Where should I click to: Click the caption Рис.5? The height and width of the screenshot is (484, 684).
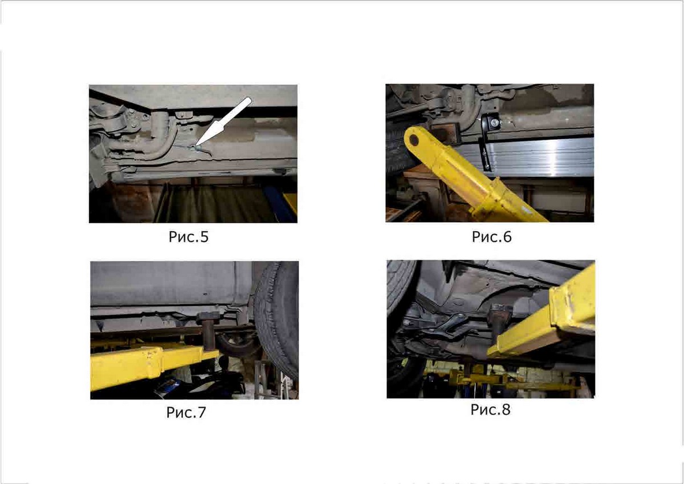(x=189, y=237)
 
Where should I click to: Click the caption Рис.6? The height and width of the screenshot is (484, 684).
(x=491, y=237)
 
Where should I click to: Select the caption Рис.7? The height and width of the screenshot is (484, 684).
(x=186, y=413)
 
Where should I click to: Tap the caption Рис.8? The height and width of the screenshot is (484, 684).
(x=490, y=410)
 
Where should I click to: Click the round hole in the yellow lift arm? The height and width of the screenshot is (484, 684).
(x=414, y=140)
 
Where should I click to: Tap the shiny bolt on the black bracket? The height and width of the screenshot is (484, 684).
(x=494, y=123)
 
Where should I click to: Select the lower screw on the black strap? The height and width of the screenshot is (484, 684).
(x=486, y=167)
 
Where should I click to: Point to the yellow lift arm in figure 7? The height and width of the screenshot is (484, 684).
(x=153, y=367)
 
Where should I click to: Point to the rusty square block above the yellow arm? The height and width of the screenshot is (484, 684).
(x=443, y=133)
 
